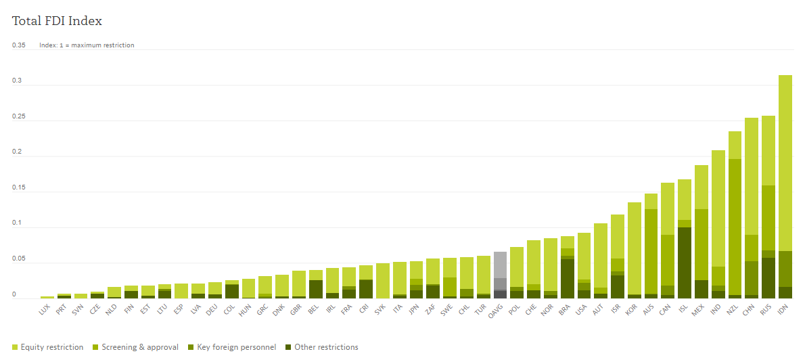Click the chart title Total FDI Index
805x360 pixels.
click(57, 21)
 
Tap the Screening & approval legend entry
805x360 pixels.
click(140, 347)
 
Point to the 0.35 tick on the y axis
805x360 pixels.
click(19, 45)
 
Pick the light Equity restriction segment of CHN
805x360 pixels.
click(752, 176)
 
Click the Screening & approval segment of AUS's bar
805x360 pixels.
click(651, 250)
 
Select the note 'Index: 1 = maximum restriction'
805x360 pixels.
click(87, 45)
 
